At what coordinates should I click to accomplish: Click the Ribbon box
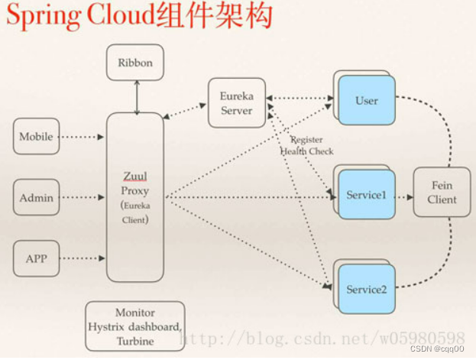coord(134,62)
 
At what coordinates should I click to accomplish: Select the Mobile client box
coord(36,137)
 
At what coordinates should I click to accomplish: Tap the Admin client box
coord(36,197)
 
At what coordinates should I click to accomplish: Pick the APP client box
coord(36,258)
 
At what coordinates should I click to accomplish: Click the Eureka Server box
coord(237,103)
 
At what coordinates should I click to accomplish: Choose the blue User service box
coord(367,101)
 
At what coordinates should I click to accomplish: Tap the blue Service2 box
coord(367,290)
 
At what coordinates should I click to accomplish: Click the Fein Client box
coord(442,192)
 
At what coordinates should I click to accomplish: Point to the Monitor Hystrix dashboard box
coord(134,326)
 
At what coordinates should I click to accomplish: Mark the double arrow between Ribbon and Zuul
coord(137,96)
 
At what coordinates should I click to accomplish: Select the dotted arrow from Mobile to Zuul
coord(82,138)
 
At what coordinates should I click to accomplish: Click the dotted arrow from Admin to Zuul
coord(82,198)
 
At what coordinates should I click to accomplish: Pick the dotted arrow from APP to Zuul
coord(82,259)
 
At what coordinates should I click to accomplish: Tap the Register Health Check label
coord(306,146)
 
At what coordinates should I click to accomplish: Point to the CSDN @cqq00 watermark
coord(443,349)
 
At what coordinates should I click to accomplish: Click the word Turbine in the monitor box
coord(134,341)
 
